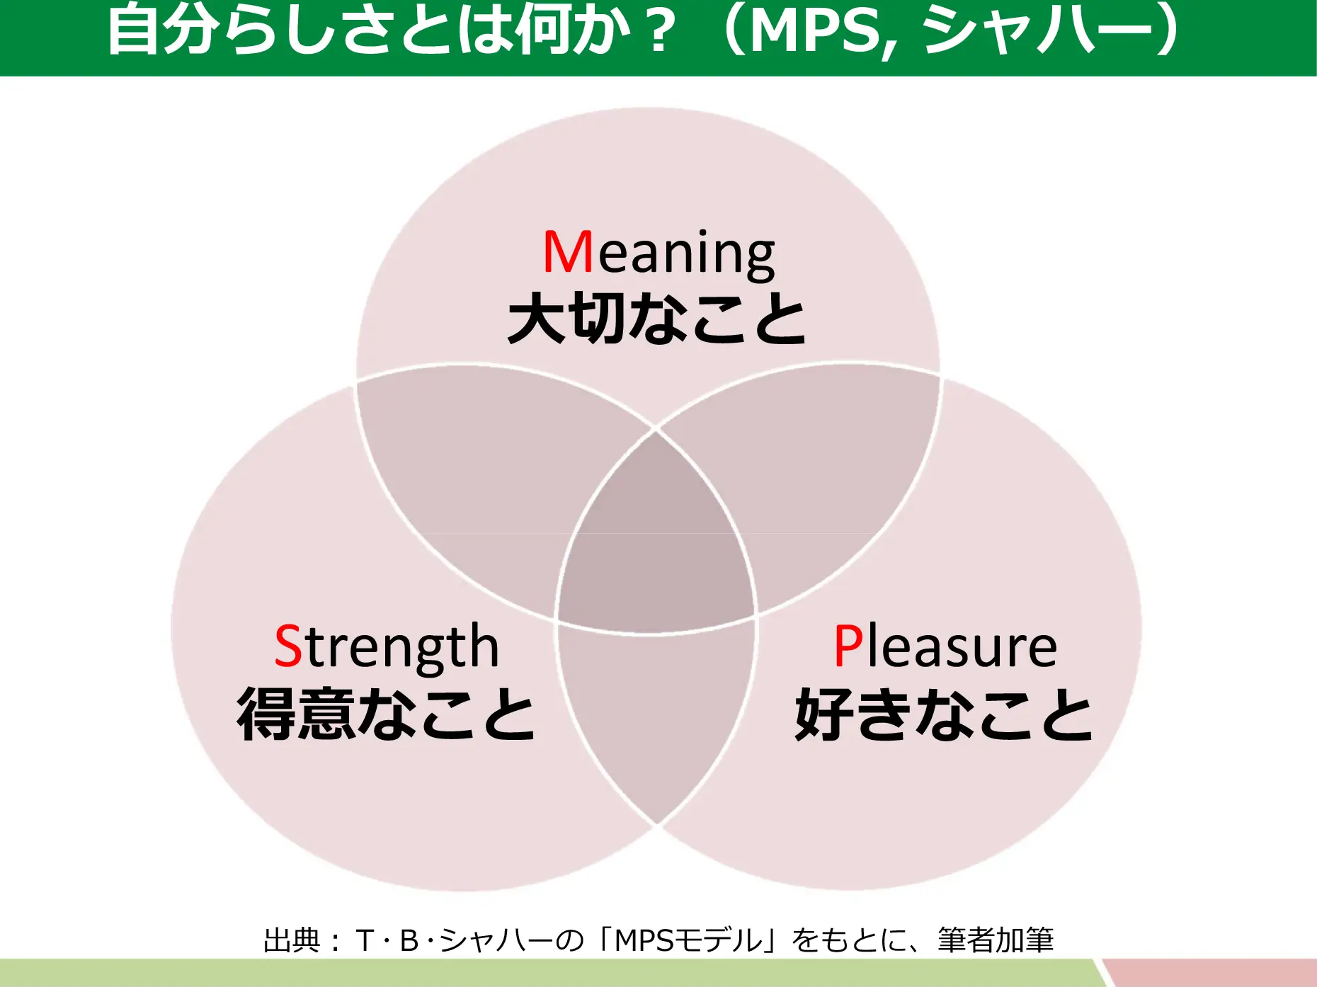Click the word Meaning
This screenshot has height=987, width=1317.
pyautogui.click(x=658, y=253)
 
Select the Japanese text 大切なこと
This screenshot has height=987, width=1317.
pyautogui.click(x=657, y=319)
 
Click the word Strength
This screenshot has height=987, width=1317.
pyautogui.click(x=387, y=646)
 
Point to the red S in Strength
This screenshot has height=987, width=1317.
pyautogui.click(x=288, y=646)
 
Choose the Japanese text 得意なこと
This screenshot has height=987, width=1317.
pyautogui.click(x=387, y=714)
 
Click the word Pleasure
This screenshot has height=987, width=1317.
pyautogui.click(x=945, y=646)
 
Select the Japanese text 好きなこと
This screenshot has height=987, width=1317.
pyautogui.click(x=944, y=714)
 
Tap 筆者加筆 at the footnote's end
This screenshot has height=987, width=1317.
pyautogui.click(x=996, y=940)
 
